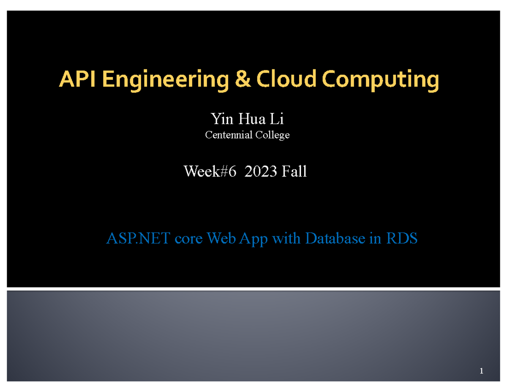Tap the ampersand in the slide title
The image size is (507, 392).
[243, 80]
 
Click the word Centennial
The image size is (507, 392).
[228, 135]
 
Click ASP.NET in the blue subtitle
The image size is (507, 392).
[138, 239]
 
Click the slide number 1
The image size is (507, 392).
[481, 372]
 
